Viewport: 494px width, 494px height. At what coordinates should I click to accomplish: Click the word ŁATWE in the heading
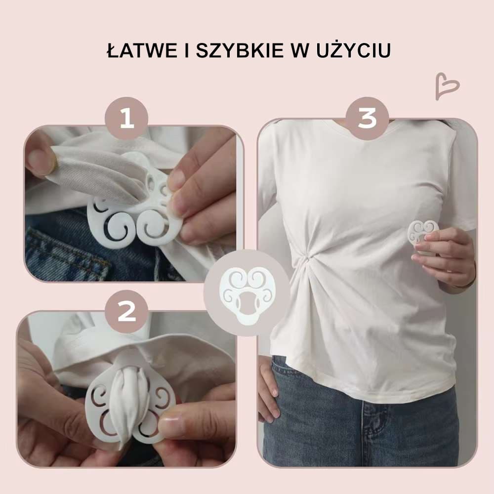(x=142, y=50)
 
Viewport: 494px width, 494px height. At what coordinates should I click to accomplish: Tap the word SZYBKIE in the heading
(x=240, y=50)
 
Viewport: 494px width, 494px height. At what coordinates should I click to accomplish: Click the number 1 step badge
(x=126, y=118)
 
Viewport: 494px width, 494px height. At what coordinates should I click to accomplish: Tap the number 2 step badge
(x=126, y=311)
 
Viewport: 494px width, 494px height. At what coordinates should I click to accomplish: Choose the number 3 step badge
(x=367, y=118)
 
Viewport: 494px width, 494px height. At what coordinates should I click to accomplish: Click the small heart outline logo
(x=447, y=86)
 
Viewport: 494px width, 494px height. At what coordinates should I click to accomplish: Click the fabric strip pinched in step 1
(x=94, y=176)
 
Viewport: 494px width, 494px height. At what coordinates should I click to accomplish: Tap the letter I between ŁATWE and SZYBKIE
(x=187, y=50)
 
